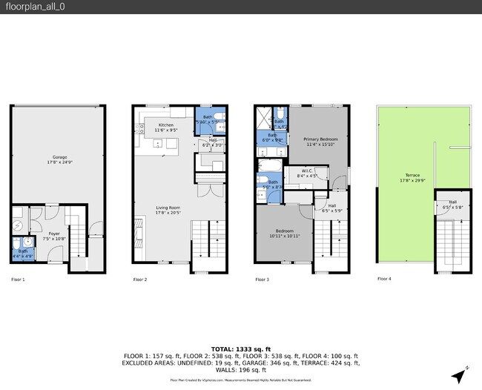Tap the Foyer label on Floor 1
(x=54, y=236)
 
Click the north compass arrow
(x=460, y=374)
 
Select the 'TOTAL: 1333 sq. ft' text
(x=240, y=348)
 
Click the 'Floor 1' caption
(x=18, y=280)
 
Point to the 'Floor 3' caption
(x=262, y=280)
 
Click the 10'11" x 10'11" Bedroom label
(x=285, y=233)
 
